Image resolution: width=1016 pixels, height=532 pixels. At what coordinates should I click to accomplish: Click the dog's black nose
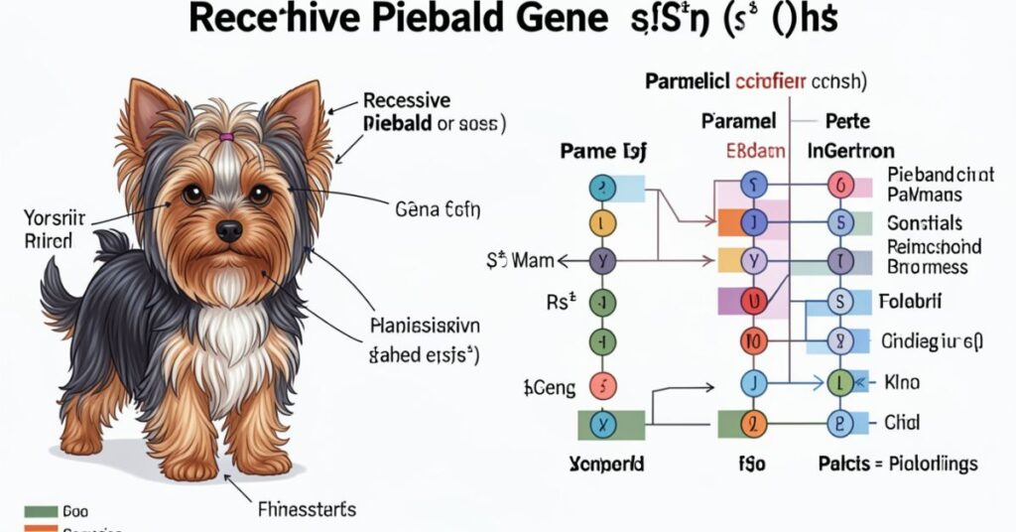pos(229,231)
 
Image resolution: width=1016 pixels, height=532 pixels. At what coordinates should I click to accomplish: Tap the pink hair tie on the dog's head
pos(226,136)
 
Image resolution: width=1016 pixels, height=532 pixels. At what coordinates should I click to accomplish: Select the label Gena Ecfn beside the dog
pos(438,209)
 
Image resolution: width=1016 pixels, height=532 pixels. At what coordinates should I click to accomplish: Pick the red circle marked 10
pos(755,342)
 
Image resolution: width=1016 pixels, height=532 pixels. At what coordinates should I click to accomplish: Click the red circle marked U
pos(755,301)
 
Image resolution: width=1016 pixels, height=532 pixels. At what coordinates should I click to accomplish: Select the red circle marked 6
pos(840,185)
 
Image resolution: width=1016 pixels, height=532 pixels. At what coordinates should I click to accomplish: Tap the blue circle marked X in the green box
pos(603,424)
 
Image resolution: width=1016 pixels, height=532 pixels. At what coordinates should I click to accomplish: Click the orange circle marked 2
pos(755,424)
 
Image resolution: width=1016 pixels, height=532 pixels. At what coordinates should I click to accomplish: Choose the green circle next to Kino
pos(840,382)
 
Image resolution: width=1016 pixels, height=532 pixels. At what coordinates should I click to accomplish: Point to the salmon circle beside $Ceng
pos(603,385)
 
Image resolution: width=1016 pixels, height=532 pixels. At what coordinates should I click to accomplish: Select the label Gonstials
pos(925,223)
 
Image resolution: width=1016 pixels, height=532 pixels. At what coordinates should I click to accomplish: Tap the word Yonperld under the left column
pos(606,464)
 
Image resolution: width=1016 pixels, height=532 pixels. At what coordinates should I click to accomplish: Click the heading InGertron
pos(850,152)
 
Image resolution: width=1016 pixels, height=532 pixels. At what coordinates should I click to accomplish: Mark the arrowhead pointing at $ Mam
pos(564,261)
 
